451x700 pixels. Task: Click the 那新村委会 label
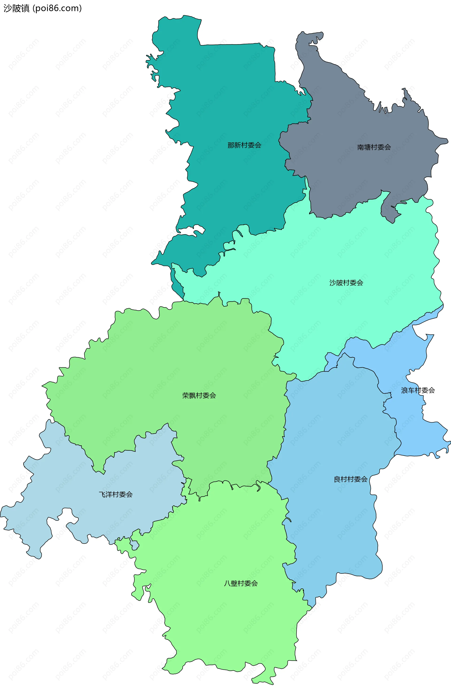[244, 145]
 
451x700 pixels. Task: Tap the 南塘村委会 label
[374, 147]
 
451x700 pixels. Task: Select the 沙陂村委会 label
[346, 283]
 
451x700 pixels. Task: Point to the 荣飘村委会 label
[199, 396]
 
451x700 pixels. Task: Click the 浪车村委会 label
[418, 390]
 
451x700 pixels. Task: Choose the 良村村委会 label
[350, 479]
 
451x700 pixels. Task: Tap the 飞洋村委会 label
[116, 495]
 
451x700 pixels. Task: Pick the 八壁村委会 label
[241, 584]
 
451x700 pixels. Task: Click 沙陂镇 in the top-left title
[16, 8]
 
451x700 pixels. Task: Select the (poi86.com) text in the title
[57, 8]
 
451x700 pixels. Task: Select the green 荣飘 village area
[176, 366]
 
